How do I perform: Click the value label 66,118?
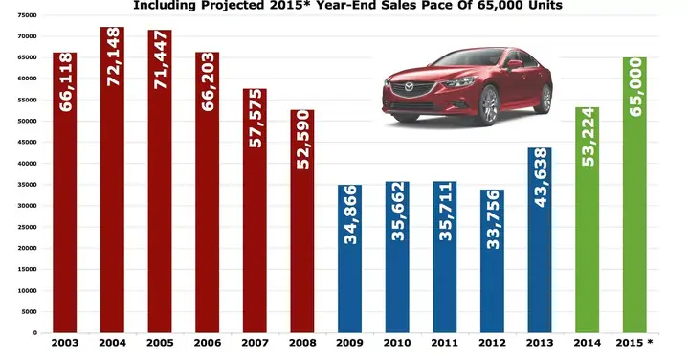(x=66, y=82)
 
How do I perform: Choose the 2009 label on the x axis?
(x=349, y=342)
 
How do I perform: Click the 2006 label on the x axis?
(x=207, y=342)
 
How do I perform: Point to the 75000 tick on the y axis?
(x=28, y=16)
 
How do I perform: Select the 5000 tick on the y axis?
(x=30, y=311)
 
